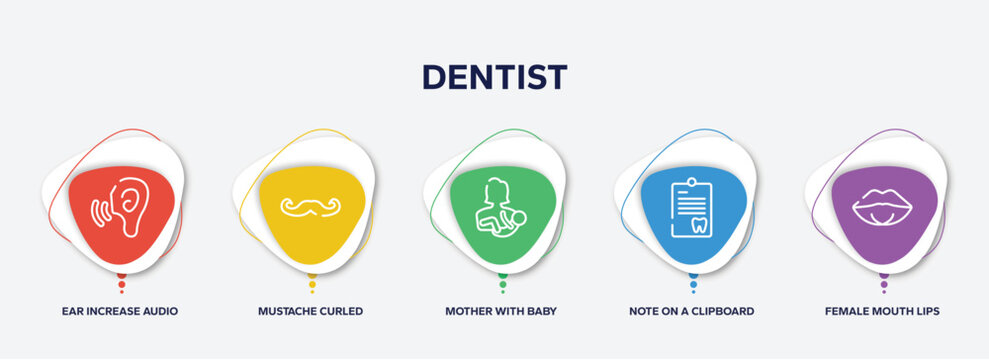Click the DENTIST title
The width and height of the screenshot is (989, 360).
click(x=494, y=77)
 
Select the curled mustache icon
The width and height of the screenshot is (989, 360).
click(x=311, y=206)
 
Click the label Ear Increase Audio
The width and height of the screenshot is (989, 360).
click(x=120, y=311)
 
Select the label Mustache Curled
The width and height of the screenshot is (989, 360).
click(x=311, y=311)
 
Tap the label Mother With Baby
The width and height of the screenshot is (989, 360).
click(x=501, y=311)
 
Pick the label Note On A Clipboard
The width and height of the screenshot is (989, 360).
click(x=691, y=311)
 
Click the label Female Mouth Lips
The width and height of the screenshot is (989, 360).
click(x=882, y=311)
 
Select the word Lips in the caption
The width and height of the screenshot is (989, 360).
click(x=925, y=311)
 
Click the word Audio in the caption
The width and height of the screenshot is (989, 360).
click(x=160, y=311)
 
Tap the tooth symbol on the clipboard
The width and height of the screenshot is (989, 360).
click(x=700, y=225)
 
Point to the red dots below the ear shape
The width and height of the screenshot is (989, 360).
click(x=121, y=283)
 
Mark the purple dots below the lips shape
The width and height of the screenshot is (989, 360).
click(x=883, y=283)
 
